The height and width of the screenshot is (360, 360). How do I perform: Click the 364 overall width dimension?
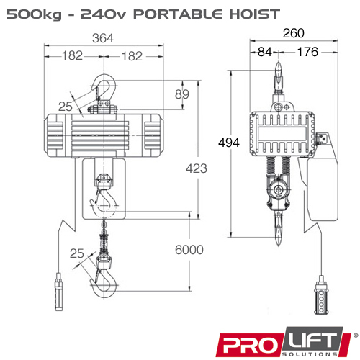[x=103, y=38]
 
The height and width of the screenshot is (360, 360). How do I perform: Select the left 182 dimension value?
[x=72, y=55]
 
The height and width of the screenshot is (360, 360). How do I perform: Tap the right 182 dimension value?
[x=132, y=56]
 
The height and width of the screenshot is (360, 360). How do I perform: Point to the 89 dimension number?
[x=182, y=94]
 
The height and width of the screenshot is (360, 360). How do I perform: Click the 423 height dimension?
[x=197, y=168]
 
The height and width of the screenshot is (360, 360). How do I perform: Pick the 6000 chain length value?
[x=189, y=250]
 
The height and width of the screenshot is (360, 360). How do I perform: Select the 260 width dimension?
[x=294, y=33]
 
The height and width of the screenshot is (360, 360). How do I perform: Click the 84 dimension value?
[x=265, y=52]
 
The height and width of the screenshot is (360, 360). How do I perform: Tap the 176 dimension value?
[x=307, y=52]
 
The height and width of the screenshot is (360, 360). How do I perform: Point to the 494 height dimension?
[x=229, y=143]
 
